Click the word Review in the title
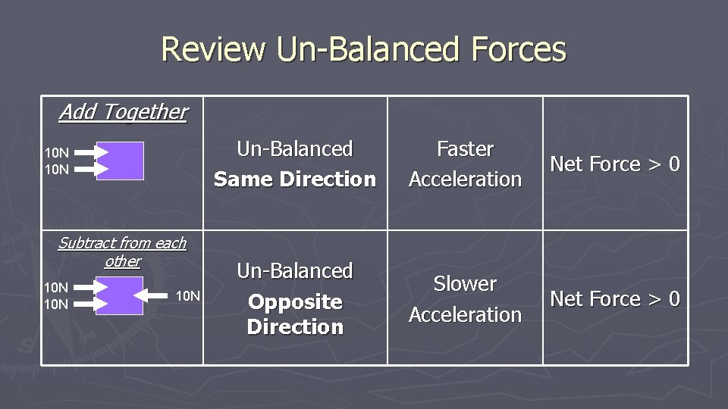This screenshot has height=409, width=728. tap(213, 49)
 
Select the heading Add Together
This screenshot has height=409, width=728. tap(123, 112)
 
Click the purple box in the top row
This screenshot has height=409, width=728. tap(120, 161)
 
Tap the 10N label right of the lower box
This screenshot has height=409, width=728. tap(187, 295)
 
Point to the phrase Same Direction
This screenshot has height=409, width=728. tap(295, 180)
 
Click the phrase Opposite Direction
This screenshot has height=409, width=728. tap(295, 314)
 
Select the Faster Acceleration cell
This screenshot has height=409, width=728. tap(465, 164)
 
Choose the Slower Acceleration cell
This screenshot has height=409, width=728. tap(465, 299)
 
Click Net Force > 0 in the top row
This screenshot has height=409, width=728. tap(614, 164)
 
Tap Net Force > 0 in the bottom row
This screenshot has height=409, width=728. tap(614, 299)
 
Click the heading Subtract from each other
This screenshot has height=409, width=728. tap(122, 252)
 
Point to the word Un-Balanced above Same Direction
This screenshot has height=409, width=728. tap(295, 149)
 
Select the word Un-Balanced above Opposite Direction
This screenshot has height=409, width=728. tap(295, 271)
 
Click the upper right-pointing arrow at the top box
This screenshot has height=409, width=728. tap(92, 152)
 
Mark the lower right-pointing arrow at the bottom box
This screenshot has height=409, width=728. tap(92, 304)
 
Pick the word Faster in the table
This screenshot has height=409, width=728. tap(465, 149)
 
